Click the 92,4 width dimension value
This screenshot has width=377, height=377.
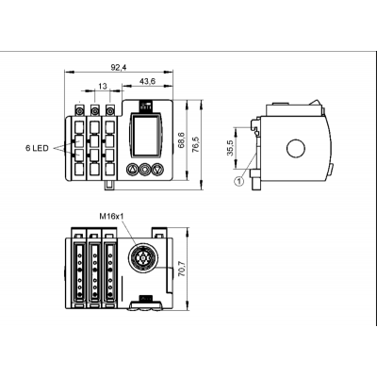[118, 67]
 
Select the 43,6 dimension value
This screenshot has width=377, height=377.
[147, 81]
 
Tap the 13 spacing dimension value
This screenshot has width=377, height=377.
[103, 86]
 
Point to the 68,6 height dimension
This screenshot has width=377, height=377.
[181, 140]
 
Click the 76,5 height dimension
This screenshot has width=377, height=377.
[196, 145]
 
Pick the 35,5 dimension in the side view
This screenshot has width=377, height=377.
[230, 148]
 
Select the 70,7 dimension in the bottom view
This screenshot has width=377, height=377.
[181, 269]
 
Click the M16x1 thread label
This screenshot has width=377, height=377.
[110, 216]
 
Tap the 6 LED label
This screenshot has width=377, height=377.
[37, 148]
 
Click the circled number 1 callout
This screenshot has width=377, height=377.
[239, 181]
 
